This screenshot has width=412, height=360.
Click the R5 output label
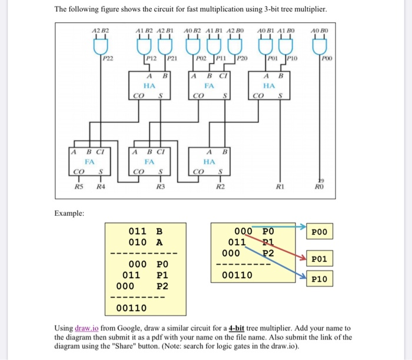[x=78, y=187]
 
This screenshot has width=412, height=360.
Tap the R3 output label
[x=160, y=187]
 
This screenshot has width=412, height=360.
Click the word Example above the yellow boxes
[x=69, y=213]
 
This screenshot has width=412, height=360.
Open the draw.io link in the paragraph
[x=88, y=328]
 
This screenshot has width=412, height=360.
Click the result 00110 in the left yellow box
[x=132, y=308]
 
